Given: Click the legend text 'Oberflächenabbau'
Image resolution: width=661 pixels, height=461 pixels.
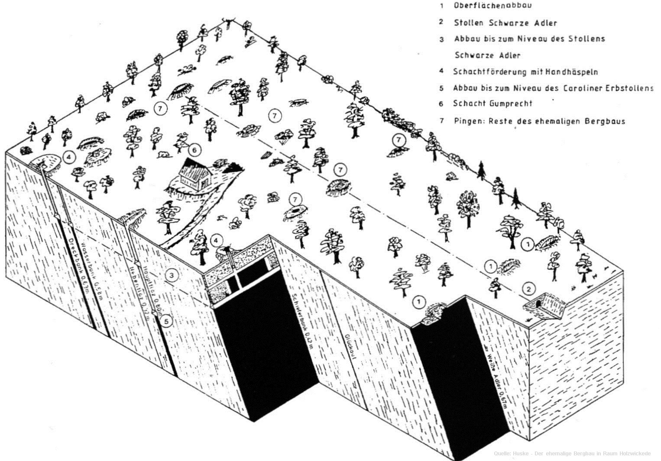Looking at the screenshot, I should click(x=493, y=6).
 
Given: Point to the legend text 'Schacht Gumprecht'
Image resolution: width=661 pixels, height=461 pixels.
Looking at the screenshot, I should click(x=493, y=103).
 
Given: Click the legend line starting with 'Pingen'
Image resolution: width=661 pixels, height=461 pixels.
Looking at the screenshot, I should click(x=539, y=121).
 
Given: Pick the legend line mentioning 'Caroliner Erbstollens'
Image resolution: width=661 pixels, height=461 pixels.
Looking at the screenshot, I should click(x=553, y=88).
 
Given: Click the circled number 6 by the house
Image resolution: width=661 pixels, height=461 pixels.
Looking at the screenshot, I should click(x=195, y=150).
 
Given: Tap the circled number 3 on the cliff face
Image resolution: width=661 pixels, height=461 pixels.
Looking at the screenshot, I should click(x=172, y=274).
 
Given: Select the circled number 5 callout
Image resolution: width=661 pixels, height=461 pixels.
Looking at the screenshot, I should click(x=166, y=321).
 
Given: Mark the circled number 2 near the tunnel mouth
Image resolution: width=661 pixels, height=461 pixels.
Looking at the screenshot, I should click(x=528, y=288).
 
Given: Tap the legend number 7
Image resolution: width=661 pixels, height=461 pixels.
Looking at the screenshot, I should click(x=442, y=121).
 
